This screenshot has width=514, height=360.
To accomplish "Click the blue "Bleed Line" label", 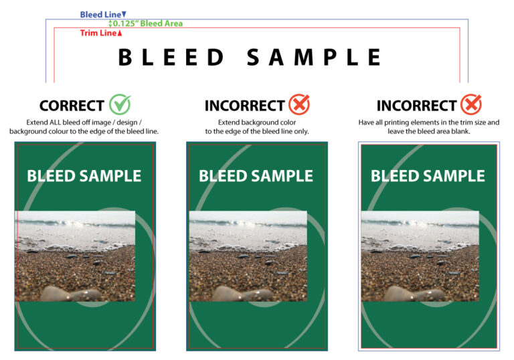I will click(x=101, y=14).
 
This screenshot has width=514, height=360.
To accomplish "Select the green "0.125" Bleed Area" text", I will click(x=148, y=23).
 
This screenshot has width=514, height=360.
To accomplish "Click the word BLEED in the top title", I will click(x=171, y=58).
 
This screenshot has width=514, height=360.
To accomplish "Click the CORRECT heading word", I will click(x=72, y=106).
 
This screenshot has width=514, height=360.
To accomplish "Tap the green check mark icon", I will click(x=120, y=104).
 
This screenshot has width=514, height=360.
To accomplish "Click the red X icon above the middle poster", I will click(x=299, y=104).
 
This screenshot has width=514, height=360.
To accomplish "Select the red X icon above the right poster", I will click(x=471, y=104).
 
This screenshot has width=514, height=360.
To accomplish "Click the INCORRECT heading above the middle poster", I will click(x=244, y=106).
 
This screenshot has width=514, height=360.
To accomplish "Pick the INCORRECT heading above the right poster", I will click(x=416, y=106).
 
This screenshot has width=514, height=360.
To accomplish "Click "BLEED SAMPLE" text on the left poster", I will click(x=84, y=176).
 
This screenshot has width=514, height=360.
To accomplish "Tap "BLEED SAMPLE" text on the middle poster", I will click(x=256, y=176).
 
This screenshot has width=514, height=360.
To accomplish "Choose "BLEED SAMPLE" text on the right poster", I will click(x=428, y=176).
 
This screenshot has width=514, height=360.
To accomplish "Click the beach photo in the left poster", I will click(x=75, y=256).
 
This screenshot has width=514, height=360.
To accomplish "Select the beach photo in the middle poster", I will click(x=248, y=256).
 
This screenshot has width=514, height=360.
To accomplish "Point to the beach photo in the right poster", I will click(x=420, y=256).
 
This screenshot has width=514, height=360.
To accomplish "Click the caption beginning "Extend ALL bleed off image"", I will click(x=84, y=127).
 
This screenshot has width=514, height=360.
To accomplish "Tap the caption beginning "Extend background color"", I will click(x=256, y=127).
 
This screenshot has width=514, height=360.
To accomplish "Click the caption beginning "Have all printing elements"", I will click(x=428, y=127).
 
